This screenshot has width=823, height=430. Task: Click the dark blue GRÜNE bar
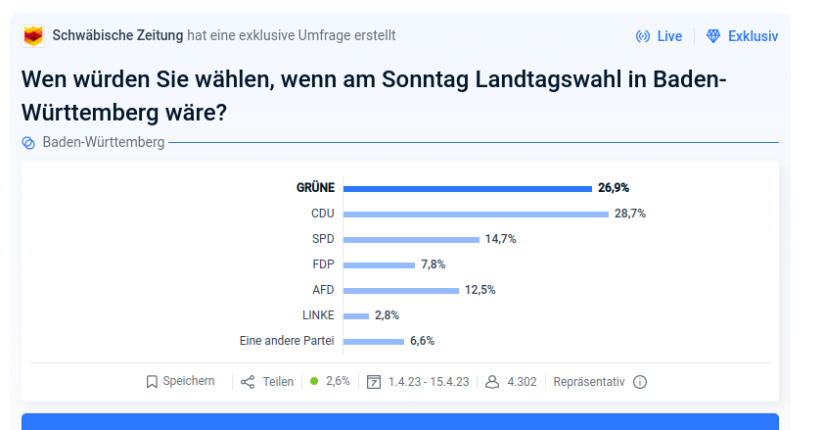point(468,188)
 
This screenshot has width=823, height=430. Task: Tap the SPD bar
point(411,239)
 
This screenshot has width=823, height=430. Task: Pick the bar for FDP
point(379,264)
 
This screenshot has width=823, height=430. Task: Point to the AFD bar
point(400,290)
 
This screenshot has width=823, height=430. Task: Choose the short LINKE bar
point(356,315)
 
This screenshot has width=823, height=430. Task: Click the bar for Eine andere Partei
point(374,341)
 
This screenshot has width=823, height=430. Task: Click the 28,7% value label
point(630,214)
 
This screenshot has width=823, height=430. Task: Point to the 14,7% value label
point(500,239)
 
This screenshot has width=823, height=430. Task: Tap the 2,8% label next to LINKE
point(387,315)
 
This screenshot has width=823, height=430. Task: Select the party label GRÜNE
point(315,188)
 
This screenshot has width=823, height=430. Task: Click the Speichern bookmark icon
point(152,382)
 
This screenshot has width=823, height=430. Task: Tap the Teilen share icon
point(248,382)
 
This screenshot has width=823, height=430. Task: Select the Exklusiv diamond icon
point(713,36)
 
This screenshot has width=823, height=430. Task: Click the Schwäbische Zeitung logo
point(33,36)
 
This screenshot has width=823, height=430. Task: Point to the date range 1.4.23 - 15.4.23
point(428,382)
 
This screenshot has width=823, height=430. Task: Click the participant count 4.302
point(522,382)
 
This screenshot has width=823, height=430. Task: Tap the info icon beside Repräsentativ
point(640,382)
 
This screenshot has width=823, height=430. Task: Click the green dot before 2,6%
point(314,381)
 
